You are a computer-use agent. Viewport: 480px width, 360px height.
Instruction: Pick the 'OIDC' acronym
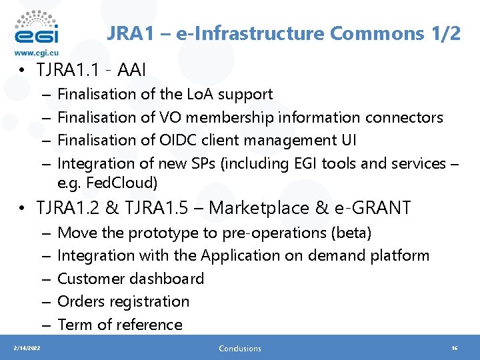coord(178,140)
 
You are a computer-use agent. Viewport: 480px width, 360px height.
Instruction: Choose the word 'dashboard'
coord(167,279)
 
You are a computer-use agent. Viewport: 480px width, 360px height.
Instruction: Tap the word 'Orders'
coord(80,301)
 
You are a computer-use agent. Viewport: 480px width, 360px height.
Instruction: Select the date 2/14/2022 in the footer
coord(28,348)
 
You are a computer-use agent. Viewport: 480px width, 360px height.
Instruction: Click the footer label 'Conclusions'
coord(240,348)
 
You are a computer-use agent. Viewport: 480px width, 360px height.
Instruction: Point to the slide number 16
coord(455,348)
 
